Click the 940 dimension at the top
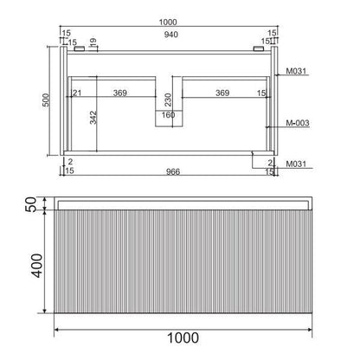coord(171,35)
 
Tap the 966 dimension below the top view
coord(173,171)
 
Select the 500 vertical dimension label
coord(46,100)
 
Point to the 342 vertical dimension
coord(93,118)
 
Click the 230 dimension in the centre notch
coord(168,100)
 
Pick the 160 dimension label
coord(168,115)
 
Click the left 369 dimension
coord(120,93)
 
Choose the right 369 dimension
coord(222,93)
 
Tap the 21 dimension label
coord(77,93)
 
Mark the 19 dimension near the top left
coord(93,42)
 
